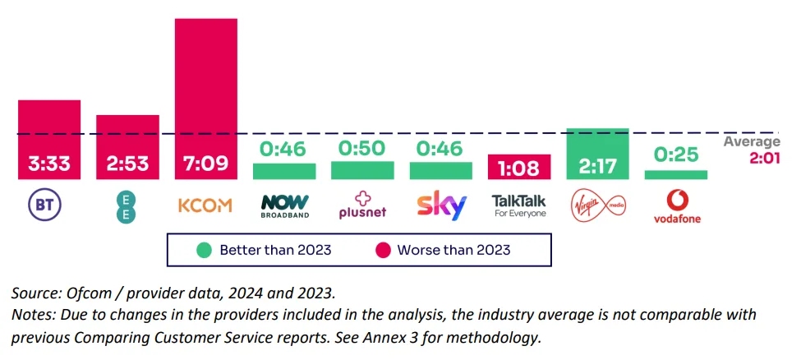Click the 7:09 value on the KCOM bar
[205, 164]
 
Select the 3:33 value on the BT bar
[49, 164]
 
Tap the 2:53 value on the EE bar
[127, 164]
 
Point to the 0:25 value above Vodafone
[675, 153]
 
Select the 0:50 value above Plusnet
[362, 150]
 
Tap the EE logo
[127, 205]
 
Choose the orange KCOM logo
[205, 205]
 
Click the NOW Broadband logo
[284, 205]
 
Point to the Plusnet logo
[362, 205]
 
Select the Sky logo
[441, 205]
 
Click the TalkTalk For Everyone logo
[519, 205]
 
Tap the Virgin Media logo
[597, 205]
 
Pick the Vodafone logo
[675, 205]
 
